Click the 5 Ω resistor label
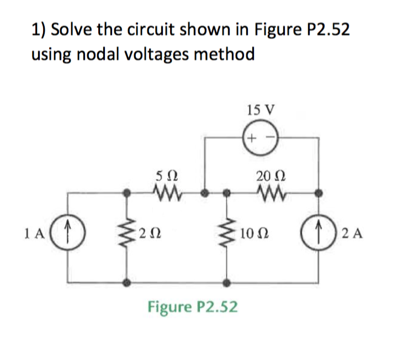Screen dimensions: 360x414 point(165,176)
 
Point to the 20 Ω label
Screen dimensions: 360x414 point(268,176)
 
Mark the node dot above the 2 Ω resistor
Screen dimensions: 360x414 point(127,193)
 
